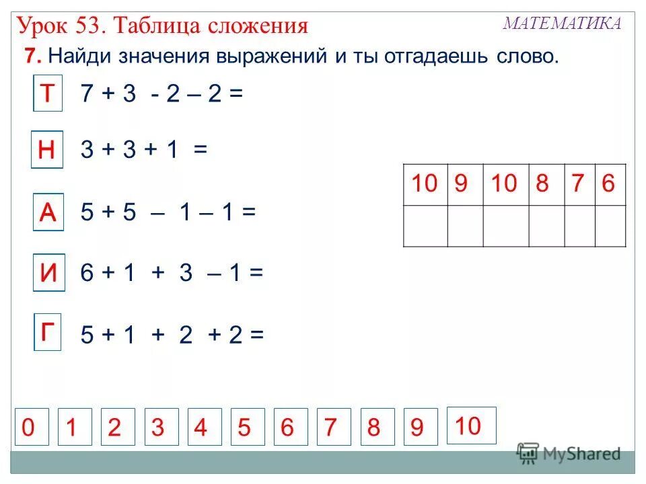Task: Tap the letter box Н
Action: [47, 150]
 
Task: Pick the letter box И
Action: [48, 274]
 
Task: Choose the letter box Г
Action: [48, 333]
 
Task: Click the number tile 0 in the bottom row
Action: [29, 427]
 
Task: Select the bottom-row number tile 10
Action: [471, 426]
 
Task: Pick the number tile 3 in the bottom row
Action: [158, 427]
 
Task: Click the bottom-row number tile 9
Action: [417, 427]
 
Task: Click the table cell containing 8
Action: [543, 184]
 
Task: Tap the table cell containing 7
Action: [577, 184]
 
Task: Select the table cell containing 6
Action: [610, 184]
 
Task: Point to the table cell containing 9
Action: [462, 184]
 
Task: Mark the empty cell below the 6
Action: [610, 226]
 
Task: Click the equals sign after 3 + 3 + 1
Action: [201, 151]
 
